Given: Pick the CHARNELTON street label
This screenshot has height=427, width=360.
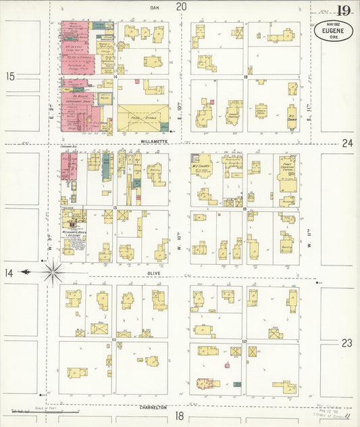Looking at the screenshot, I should click(x=153, y=407).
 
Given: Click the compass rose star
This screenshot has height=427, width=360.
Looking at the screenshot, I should click(x=53, y=272).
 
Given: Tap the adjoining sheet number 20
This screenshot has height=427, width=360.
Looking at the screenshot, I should click(x=181, y=7).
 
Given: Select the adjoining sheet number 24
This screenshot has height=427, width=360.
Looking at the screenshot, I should click(x=347, y=143).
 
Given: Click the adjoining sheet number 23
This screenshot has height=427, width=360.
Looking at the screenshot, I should click(x=346, y=343).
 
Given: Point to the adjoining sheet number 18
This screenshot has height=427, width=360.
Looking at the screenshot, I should click(x=180, y=416).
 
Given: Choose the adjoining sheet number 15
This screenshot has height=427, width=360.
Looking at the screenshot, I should click(x=9, y=76).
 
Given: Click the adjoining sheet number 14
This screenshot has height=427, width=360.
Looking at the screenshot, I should click(x=9, y=272).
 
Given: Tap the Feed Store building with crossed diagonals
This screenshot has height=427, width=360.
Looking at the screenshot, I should click(x=143, y=118).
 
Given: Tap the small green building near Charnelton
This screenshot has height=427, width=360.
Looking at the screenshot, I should click(x=237, y=384).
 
